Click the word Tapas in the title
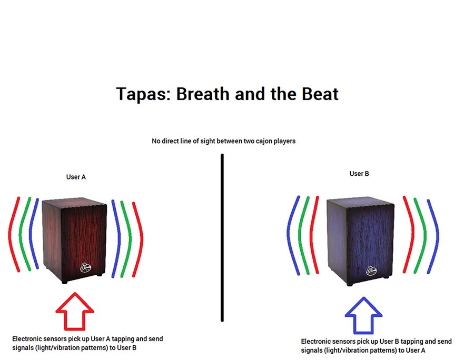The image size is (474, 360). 141,94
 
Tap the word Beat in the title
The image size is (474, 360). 320,94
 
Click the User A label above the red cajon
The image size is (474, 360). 76,177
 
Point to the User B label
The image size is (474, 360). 359,174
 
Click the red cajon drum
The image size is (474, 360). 74,240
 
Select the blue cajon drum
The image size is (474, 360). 360,241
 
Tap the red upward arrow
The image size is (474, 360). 75,311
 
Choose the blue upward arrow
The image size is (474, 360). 363,315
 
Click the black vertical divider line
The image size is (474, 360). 222,238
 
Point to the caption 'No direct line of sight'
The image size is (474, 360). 224,141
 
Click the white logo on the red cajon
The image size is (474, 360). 85,268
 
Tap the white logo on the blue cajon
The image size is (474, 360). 371,271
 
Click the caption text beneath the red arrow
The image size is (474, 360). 87,343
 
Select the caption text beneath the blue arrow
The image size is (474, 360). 377,346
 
